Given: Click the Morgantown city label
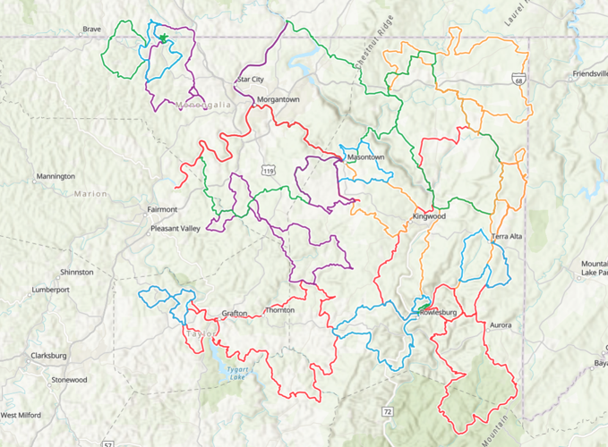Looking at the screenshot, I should [278, 99].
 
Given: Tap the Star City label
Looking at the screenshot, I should [250, 80].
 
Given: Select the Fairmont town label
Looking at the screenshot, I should [161, 210].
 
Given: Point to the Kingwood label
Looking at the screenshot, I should [429, 216].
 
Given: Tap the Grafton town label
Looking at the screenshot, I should [235, 313].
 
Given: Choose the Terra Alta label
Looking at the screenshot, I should [506, 236].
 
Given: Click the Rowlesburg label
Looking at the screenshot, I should [437, 313].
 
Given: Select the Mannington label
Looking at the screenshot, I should [56, 176].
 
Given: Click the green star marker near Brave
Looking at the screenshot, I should [164, 38].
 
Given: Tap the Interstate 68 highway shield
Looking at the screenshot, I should [518, 80].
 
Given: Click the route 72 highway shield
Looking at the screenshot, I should [387, 411].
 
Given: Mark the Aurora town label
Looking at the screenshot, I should [501, 325].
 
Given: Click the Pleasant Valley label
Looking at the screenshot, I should [176, 228].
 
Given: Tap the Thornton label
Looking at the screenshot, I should [279, 310].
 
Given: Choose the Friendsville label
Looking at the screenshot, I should [590, 73].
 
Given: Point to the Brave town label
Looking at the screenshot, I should [91, 29].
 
